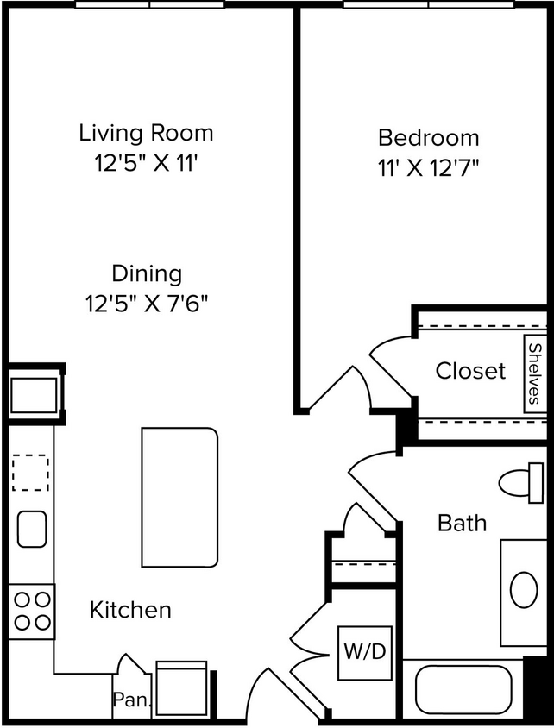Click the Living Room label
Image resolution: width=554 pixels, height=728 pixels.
146,133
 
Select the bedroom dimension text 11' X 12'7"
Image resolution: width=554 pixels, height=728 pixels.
428,166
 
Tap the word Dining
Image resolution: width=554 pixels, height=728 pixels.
147,274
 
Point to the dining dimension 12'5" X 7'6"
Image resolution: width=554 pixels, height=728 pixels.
147,304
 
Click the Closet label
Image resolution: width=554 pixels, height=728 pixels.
470,371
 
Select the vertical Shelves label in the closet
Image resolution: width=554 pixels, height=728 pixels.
535,373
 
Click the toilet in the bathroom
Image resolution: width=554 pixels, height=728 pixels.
520,482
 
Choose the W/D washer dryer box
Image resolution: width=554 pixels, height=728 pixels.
365,653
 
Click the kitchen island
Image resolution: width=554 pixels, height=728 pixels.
179,498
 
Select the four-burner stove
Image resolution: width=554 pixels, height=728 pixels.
32,611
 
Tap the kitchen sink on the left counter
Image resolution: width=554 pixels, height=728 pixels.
32,529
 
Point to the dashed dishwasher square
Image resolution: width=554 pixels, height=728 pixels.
31,473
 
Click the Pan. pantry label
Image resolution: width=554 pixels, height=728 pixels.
130,700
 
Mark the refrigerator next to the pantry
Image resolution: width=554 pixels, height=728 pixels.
181,690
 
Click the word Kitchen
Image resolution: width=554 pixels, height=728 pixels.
130,610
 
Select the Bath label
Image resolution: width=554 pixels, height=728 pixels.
462,523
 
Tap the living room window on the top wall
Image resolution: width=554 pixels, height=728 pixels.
149,4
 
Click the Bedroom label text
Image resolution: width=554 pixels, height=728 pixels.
428,137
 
